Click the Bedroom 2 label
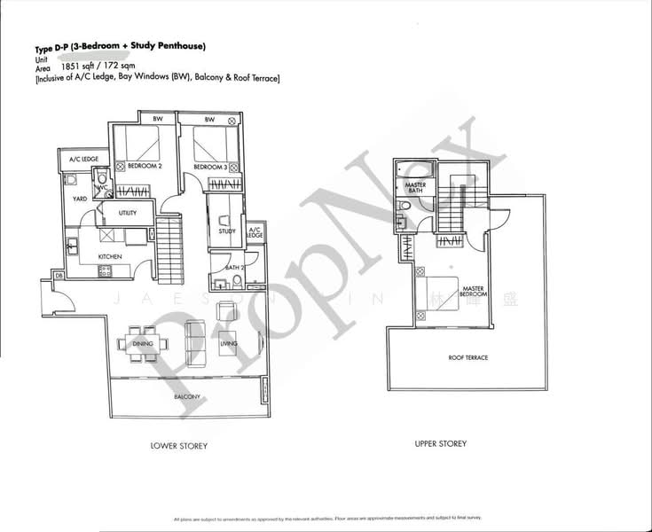point(145,166)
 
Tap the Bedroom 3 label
point(210,166)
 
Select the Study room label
point(227,231)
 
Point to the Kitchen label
point(109,257)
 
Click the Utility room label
point(128,213)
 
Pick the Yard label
point(79,199)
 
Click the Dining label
point(143,343)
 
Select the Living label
point(230,343)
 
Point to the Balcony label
point(186,396)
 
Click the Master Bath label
point(415,189)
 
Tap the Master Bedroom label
point(472,291)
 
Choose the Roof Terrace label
point(468,357)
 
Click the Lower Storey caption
point(179,446)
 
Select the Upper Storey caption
point(440,443)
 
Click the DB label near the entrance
point(59,277)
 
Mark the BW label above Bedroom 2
point(158,120)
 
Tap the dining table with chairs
point(142,344)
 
